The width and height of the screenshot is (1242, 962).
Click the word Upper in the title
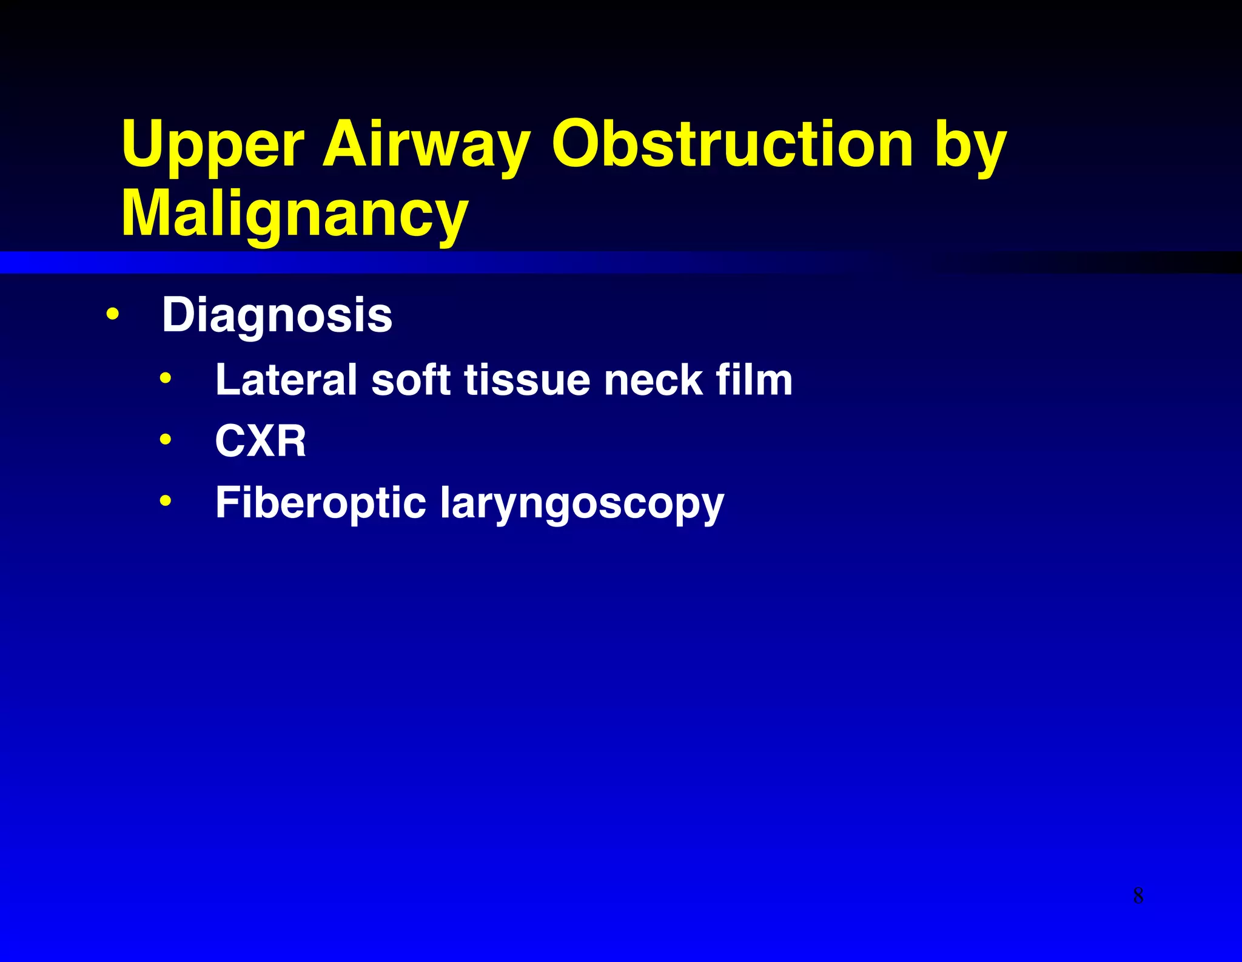tap(212, 146)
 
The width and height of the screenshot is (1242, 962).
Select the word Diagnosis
tap(277, 315)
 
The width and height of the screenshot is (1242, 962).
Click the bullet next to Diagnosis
tap(112, 315)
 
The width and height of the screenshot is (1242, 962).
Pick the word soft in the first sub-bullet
tap(411, 380)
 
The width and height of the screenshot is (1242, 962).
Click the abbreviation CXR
tap(261, 441)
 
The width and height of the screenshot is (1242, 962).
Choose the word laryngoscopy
tap(582, 505)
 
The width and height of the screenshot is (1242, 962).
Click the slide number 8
tap(1138, 895)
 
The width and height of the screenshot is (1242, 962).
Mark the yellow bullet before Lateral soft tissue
tap(166, 379)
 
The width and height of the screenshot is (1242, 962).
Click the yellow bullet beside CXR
tap(166, 439)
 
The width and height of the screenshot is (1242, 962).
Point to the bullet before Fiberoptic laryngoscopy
tap(166, 501)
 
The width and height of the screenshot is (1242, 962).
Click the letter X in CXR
tap(261, 441)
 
